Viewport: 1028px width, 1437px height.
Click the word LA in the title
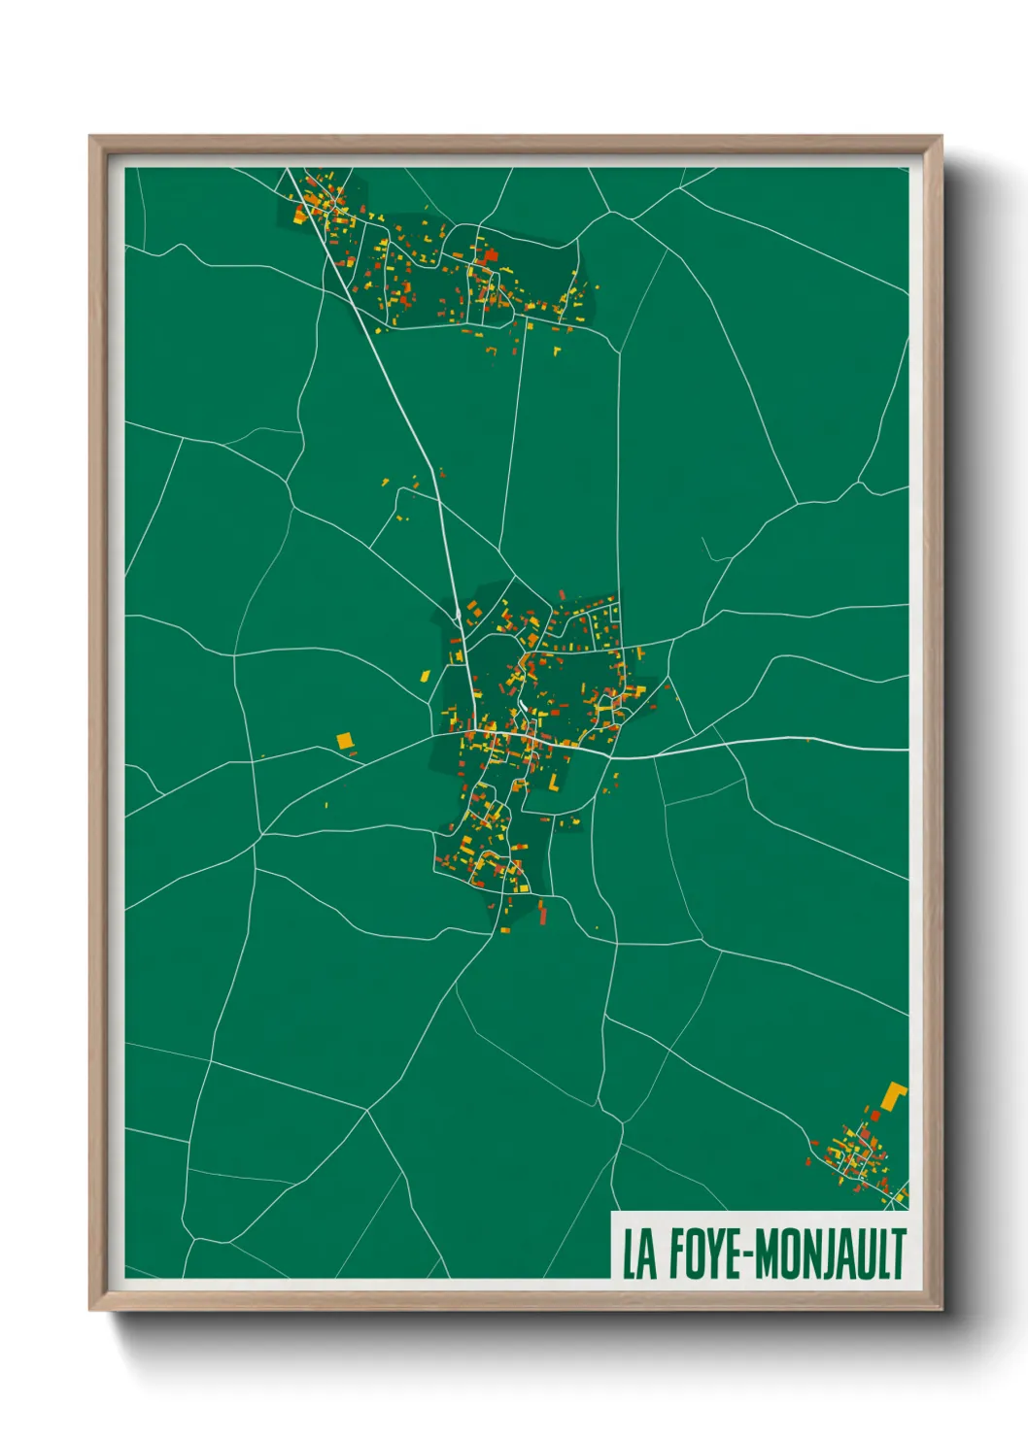click(638, 1253)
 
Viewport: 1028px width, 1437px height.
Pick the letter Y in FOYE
click(712, 1253)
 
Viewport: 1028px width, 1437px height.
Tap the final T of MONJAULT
click(898, 1253)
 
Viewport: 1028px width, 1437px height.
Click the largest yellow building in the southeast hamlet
click(893, 1094)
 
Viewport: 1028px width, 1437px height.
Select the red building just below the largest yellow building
click(874, 1116)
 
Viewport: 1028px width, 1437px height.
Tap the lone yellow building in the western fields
click(344, 741)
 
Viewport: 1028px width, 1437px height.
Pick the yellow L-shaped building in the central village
click(554, 782)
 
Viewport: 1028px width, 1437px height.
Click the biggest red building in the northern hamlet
click(491, 255)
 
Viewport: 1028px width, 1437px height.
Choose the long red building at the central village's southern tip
click(541, 912)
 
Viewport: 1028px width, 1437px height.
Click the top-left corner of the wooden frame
click(90, 137)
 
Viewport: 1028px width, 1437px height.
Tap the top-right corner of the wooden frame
click(941, 137)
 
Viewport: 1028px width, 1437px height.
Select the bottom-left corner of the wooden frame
click(90, 1310)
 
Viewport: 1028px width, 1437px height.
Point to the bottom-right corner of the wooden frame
click(941, 1310)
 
